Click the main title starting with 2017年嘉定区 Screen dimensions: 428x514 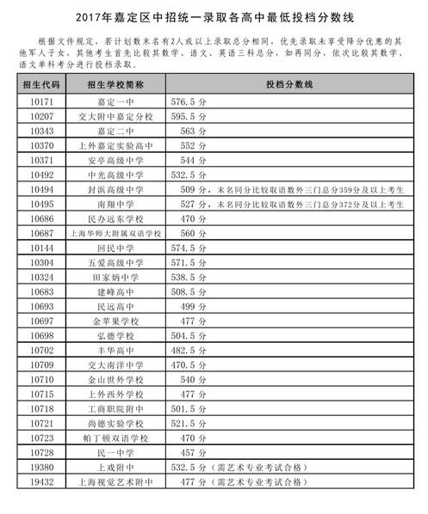[214, 17]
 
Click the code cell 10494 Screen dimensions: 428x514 [41, 190]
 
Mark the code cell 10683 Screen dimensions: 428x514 [41, 292]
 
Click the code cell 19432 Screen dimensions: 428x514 [41, 482]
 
